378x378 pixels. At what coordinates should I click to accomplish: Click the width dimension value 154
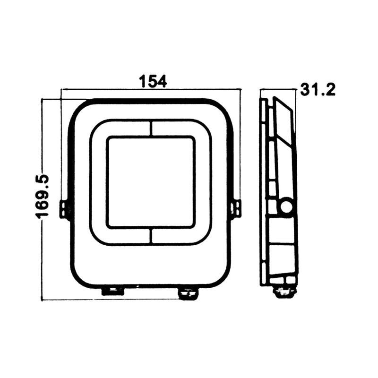152,81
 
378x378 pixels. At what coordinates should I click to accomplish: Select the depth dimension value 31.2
318,90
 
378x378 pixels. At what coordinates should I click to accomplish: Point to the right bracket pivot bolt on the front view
236,209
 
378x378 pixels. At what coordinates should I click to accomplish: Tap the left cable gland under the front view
112,291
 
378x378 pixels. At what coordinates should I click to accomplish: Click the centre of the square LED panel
150,182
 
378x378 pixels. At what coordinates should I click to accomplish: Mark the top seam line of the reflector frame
151,128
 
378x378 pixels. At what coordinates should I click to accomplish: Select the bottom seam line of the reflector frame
151,236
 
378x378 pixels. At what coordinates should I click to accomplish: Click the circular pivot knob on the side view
286,206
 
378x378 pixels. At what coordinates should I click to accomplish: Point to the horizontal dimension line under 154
151,89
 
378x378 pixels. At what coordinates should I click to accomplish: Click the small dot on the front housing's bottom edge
137,286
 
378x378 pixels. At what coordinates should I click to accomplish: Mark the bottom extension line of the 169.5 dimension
71,300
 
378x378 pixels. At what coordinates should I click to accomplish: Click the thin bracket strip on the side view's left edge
262,189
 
